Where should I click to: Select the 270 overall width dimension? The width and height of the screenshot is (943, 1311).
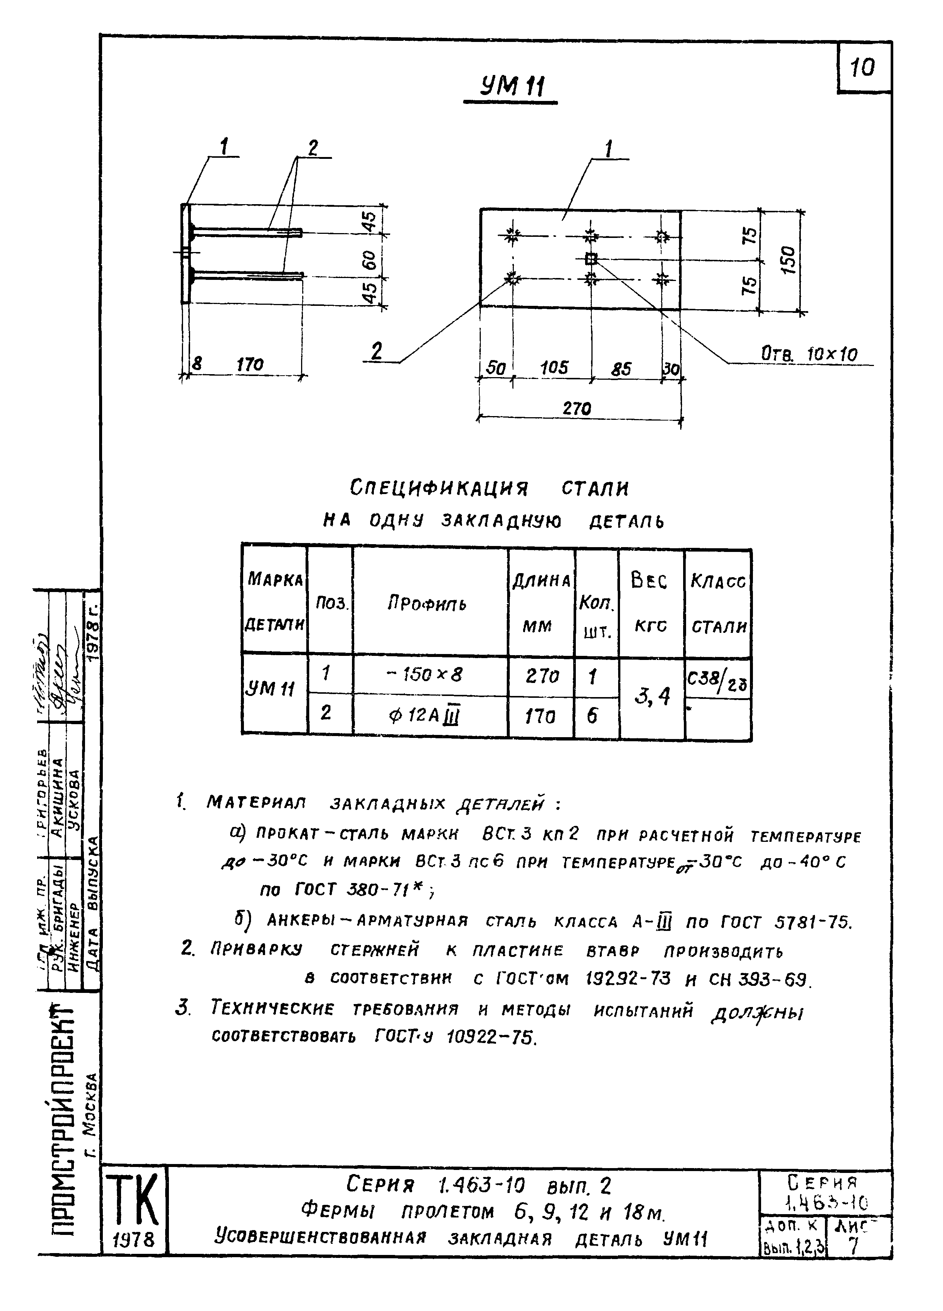pos(577,409)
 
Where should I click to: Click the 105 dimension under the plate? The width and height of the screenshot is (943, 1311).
pos(554,367)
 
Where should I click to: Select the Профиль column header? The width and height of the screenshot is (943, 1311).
pos(427,604)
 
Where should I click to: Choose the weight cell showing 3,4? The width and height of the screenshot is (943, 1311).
pos(651,697)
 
